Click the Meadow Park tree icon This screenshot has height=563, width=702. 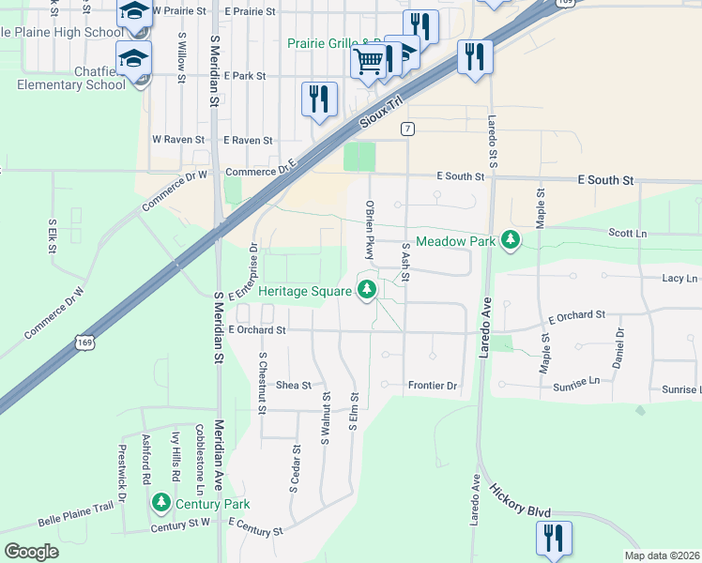click(511, 240)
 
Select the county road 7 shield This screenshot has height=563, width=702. click(407, 129)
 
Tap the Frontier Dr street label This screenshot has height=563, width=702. click(433, 386)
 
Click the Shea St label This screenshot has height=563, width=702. click(293, 385)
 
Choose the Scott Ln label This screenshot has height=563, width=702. click(628, 233)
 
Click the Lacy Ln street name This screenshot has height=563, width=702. click(679, 279)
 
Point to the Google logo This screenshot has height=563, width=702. click(31, 551)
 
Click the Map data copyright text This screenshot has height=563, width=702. click(662, 555)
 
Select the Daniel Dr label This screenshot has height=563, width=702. click(618, 347)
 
